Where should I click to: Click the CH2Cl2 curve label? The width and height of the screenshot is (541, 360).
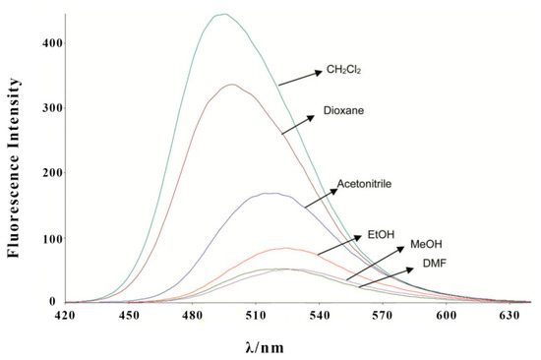[x=344, y=72]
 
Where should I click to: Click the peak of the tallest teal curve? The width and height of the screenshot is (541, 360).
[x=222, y=14]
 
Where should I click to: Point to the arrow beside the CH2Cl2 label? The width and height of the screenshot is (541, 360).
[x=300, y=77]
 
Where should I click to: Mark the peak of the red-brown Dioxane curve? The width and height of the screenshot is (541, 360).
[x=231, y=85]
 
